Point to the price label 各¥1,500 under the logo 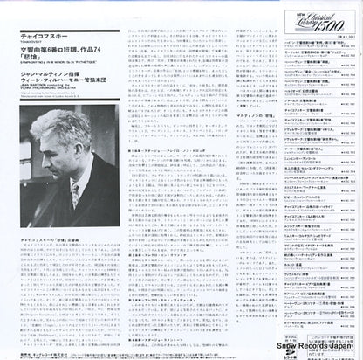pos(331,37)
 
